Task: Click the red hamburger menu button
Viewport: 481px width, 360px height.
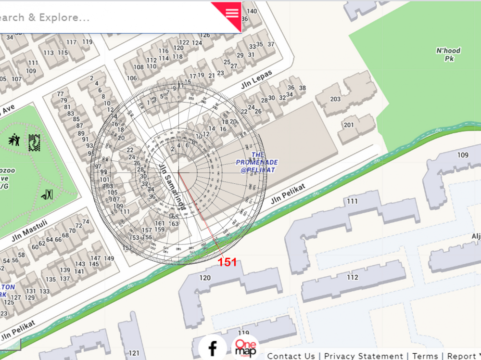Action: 232,13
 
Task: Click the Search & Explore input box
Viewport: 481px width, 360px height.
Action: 96,18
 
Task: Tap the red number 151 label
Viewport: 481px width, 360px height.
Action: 228,262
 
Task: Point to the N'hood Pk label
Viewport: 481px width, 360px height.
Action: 448,54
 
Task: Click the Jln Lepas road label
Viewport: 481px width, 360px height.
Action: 257,79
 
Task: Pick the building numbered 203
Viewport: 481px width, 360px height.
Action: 336,99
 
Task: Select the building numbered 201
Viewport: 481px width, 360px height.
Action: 349,125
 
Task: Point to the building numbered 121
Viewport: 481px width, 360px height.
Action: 134,353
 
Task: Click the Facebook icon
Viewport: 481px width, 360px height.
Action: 212,347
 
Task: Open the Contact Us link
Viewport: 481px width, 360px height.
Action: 291,356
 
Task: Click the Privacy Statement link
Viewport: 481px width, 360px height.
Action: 363,356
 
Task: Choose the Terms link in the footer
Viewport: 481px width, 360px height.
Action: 425,356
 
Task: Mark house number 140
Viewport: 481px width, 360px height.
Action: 252,11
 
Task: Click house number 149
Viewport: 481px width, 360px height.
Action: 109,258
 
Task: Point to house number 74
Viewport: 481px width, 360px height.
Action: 86,222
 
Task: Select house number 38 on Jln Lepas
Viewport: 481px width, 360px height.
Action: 302,88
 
